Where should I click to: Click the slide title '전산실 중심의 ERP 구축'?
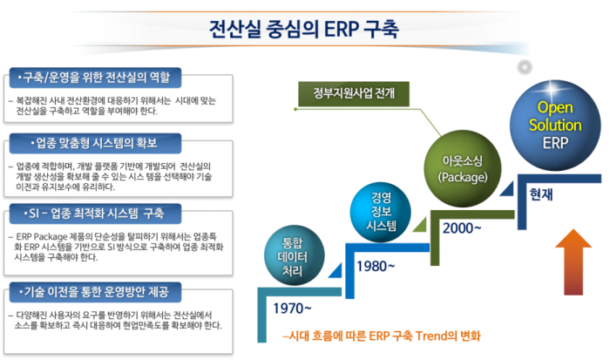click(304, 29)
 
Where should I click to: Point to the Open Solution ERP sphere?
click(554, 125)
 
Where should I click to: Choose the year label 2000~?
click(462, 228)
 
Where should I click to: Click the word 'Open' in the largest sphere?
click(554, 107)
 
